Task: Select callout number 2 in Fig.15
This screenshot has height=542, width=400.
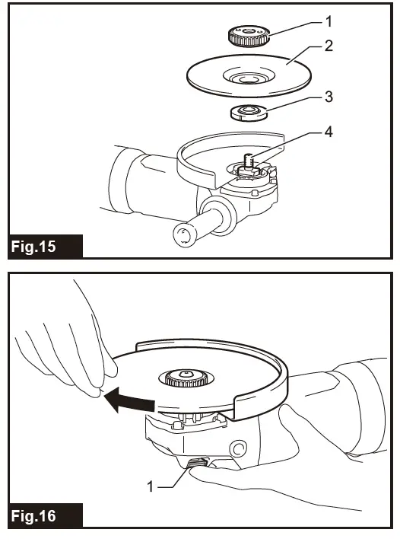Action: (329, 46)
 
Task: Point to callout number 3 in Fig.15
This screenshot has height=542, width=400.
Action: (329, 97)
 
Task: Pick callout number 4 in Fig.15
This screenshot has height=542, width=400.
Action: (329, 132)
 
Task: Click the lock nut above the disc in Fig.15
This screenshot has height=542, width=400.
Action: (248, 34)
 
